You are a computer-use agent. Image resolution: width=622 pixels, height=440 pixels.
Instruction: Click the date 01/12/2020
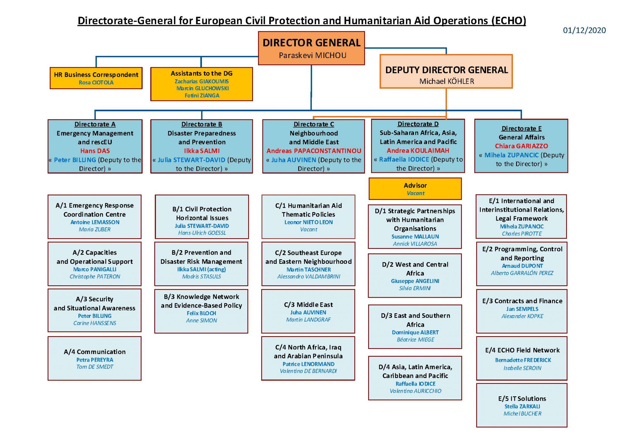584,30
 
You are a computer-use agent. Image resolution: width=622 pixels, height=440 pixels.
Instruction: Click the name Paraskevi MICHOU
313,55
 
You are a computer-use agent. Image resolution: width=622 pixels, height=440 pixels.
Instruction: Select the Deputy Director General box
446,72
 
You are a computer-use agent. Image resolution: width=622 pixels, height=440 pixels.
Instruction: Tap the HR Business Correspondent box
96,78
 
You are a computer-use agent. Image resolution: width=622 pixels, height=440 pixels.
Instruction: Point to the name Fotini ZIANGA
202,95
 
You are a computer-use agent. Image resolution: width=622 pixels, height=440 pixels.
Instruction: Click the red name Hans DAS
95,151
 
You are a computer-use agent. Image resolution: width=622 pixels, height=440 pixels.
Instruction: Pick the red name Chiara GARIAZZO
521,146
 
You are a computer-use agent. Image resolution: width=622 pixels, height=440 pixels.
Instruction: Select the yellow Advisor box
415,189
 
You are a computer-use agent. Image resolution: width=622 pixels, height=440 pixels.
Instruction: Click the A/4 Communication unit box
94,358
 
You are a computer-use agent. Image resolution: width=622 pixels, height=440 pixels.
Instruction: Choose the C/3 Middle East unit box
308,311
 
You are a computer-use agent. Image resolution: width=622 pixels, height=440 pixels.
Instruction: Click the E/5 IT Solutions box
522,405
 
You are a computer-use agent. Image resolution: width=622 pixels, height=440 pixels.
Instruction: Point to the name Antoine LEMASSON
95,222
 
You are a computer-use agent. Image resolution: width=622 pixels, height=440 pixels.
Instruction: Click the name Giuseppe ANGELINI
415,281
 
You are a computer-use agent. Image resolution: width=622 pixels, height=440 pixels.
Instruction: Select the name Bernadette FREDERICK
523,360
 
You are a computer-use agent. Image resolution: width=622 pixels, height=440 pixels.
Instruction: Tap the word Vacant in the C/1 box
309,229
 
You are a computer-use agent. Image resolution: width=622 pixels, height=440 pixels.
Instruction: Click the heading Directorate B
202,124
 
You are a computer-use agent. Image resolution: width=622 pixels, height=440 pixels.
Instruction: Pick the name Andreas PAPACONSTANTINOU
314,151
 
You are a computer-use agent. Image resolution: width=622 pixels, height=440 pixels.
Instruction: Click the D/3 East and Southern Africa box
415,326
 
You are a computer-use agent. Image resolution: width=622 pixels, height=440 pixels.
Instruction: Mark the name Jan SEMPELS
522,309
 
